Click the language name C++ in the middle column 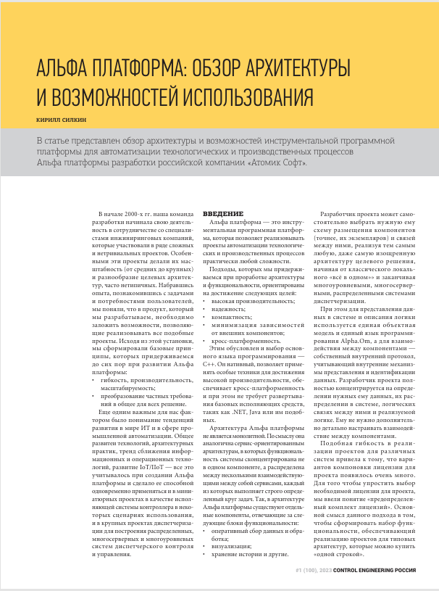point(209,346)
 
